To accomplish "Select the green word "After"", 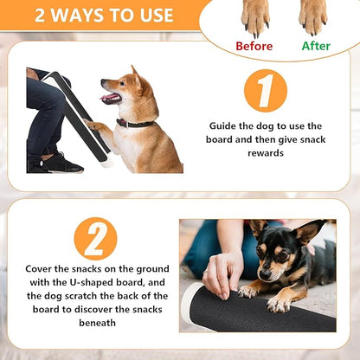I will coord(316,46).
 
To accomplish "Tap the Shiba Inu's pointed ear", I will coord(135,74).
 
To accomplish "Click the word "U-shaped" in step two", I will coord(87,284).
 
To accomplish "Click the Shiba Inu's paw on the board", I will coord(95,130).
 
